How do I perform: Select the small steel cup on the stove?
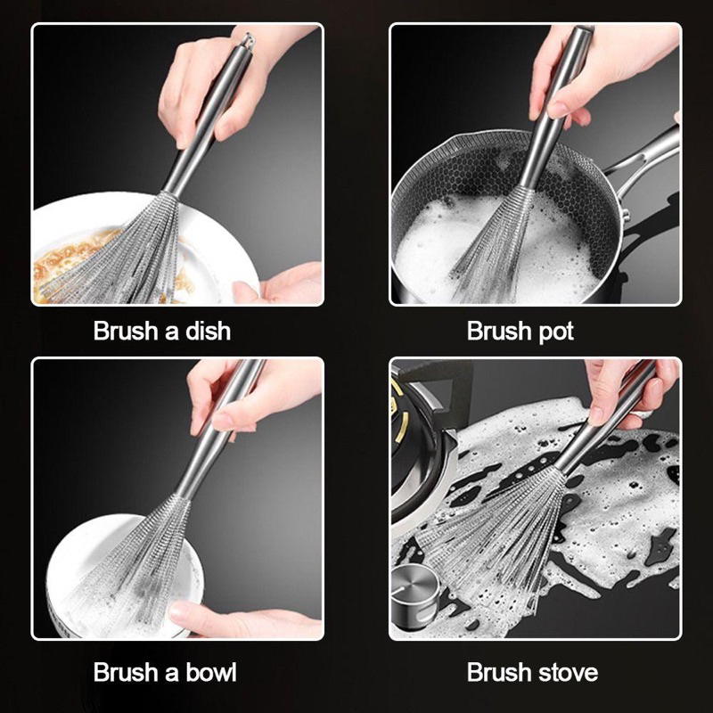pyautogui.click(x=415, y=590)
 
